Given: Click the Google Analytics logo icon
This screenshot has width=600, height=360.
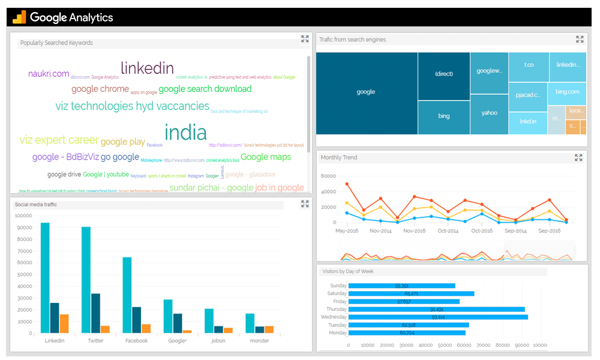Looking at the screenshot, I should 19,17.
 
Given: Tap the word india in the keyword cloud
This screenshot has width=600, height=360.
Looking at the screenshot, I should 185,133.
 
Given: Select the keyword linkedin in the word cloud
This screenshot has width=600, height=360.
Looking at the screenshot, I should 147,68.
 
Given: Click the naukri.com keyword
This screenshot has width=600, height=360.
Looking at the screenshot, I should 49,74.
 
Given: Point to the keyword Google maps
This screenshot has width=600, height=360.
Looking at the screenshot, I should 266,157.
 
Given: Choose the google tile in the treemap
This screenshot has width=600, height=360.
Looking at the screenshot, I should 366,92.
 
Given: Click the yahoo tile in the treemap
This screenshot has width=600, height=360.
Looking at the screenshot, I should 489,113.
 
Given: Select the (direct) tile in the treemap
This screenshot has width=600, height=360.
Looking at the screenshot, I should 444,74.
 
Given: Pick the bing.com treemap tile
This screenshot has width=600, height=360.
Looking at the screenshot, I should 567,92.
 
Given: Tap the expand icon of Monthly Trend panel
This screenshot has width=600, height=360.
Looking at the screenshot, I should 578,158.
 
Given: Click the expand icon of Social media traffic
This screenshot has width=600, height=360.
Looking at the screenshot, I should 305,204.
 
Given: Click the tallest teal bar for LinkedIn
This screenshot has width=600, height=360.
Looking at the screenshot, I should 45,278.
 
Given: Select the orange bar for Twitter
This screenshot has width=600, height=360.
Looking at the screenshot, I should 106,329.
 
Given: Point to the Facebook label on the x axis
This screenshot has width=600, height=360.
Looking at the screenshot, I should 136,341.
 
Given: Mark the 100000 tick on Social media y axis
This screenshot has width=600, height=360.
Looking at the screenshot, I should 24,215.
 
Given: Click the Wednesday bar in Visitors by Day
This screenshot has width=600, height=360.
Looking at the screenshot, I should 438,317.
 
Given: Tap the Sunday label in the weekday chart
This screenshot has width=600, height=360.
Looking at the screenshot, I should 338,286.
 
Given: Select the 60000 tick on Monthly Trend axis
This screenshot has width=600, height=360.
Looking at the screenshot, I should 328,176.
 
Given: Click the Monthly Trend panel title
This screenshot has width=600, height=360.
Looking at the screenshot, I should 339,158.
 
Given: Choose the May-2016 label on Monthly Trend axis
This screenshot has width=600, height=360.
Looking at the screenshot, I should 347,231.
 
